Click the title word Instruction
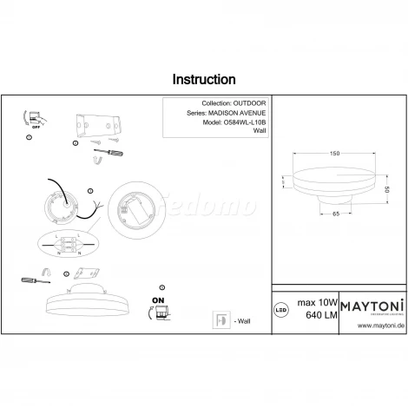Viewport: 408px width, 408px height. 203,80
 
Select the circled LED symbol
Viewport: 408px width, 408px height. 280,307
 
